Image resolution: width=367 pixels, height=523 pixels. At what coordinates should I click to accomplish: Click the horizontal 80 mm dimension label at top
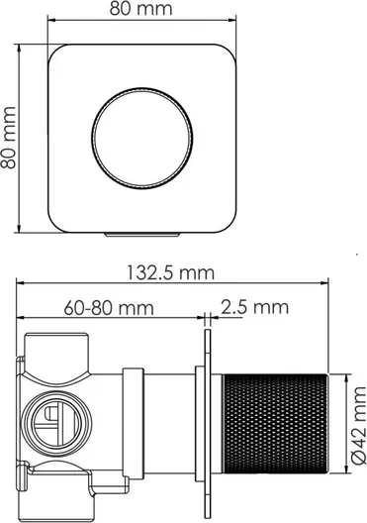[x=141, y=9]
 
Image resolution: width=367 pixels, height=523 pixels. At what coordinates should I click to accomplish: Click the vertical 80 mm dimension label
[x=8, y=138]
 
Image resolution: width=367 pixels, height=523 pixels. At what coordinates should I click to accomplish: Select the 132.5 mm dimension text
[x=171, y=272]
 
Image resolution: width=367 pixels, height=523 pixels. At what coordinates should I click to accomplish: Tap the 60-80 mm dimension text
[x=109, y=308]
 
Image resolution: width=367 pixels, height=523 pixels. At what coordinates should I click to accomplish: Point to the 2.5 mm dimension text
[x=255, y=307]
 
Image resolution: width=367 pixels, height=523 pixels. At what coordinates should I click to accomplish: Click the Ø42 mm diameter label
[x=359, y=425]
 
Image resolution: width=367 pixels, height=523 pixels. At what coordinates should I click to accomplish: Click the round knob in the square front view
[x=141, y=139]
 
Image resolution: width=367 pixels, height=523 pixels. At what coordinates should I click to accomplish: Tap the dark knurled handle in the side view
[x=275, y=424]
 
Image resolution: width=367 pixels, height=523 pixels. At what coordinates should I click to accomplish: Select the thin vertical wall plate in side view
[x=208, y=424]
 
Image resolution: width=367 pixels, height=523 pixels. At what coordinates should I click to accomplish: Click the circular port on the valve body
[x=57, y=424]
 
